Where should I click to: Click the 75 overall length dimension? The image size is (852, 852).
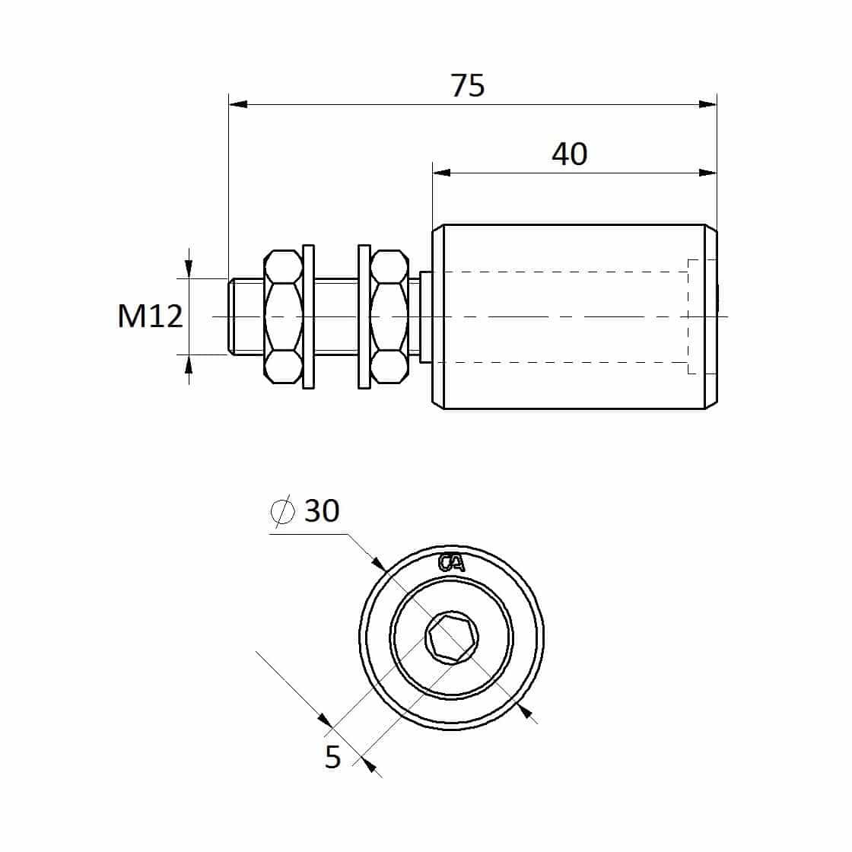pos(467,86)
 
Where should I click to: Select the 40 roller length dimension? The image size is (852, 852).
pos(570,154)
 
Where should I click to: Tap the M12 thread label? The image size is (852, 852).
pos(151,316)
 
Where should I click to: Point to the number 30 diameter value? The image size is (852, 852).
pos(323,510)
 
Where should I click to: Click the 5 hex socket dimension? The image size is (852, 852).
pos(332,756)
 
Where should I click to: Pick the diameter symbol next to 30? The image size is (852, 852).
pos(282,510)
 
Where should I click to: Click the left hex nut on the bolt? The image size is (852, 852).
pos(283,316)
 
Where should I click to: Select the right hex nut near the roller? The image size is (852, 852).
pos(389,316)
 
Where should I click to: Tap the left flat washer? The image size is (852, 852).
pos(308,316)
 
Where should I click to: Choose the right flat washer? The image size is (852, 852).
pos(364,316)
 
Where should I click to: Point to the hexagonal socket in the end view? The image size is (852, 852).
pos(452,638)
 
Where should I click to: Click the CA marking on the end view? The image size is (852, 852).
pos(452,563)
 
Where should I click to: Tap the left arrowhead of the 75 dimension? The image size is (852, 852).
pos(238,103)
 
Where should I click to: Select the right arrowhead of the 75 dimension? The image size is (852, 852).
pos(707,103)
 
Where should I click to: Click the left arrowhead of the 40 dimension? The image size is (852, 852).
pos(442,173)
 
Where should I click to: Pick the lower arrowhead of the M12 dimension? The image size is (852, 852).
pos(189,364)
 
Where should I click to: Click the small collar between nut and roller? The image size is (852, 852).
pos(426,316)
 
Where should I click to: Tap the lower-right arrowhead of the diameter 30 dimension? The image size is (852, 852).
pos(526,711)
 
